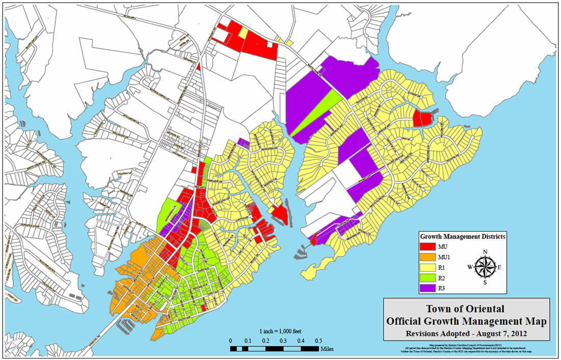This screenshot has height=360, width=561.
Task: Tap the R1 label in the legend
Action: point(442,266)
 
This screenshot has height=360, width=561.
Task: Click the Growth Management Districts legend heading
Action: point(463,237)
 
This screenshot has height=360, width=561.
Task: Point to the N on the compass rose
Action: point(485,251)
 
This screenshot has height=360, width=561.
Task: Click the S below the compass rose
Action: point(485,282)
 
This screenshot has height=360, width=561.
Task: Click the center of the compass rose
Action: point(485,267)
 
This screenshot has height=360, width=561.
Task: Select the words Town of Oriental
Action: point(466,309)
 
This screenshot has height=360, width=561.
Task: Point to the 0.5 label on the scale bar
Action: point(318,341)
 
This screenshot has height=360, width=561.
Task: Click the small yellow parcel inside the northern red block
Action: point(243,32)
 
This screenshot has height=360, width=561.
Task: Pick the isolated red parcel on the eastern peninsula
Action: point(422,119)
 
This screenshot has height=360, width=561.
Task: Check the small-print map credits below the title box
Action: point(466,350)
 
